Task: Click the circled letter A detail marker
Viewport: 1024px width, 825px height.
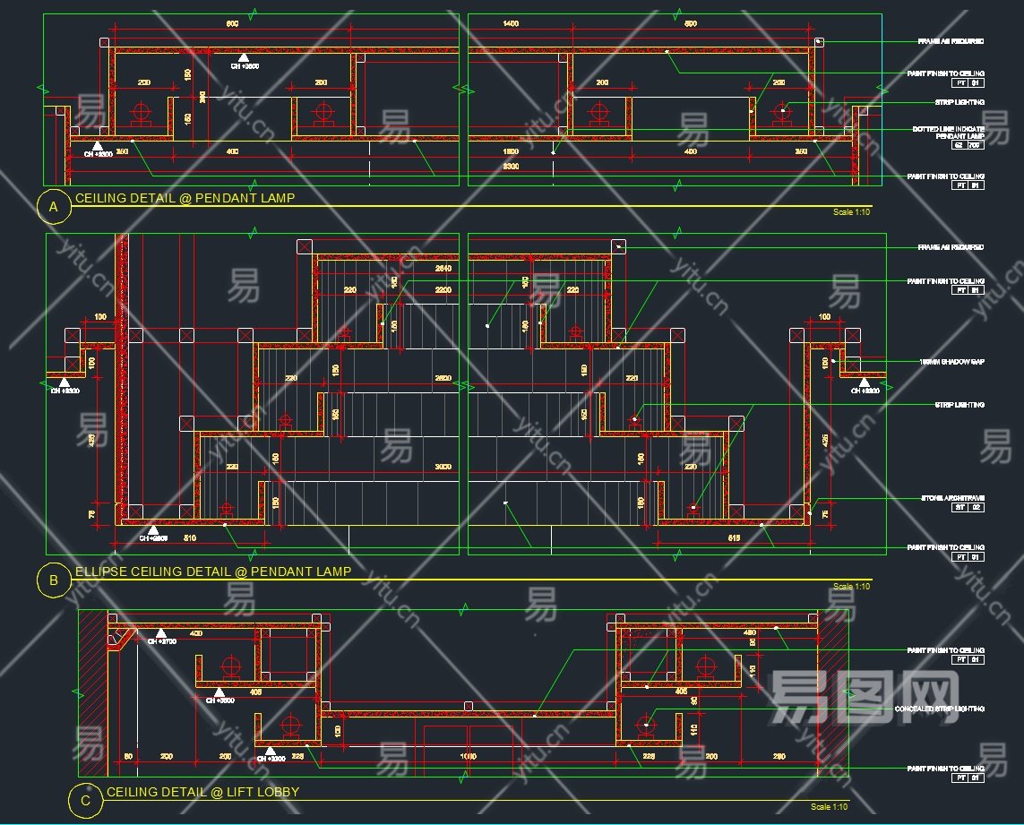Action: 53,208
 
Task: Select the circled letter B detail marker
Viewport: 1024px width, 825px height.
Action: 53,580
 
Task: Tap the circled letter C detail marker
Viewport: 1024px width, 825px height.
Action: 85,801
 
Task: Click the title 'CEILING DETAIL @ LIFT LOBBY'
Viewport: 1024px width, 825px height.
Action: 202,792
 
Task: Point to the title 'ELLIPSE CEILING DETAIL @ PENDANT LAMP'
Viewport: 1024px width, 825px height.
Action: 213,571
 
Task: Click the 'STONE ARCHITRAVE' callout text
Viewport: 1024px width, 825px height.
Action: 952,498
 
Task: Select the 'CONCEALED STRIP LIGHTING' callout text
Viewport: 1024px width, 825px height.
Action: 940,709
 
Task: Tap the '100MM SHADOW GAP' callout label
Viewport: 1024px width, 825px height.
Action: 952,361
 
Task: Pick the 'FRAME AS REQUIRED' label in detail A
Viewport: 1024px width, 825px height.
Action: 951,41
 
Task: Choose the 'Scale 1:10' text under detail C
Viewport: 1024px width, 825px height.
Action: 829,807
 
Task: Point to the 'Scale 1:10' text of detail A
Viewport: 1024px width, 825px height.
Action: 851,212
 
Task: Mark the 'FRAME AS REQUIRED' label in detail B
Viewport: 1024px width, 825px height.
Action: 951,247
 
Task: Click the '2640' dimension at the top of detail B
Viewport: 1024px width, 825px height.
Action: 443,268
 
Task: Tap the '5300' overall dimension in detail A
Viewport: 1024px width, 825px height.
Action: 511,167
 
